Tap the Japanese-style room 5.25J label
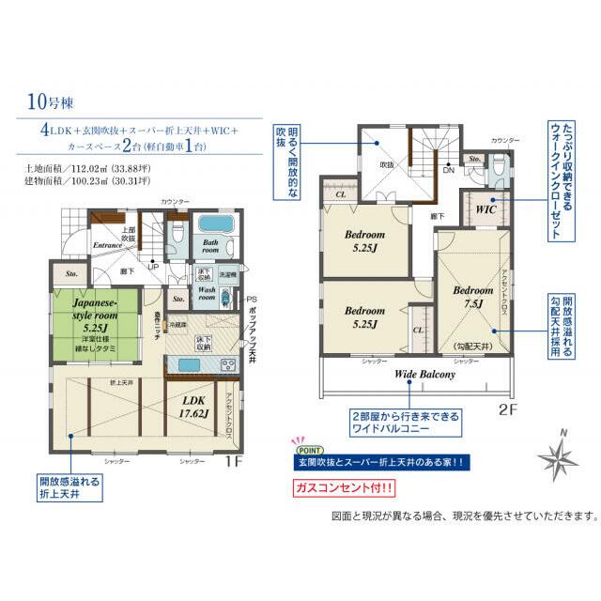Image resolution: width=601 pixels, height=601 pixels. (91, 316)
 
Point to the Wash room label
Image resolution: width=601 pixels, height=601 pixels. (208, 292)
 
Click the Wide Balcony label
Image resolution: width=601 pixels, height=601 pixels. (424, 374)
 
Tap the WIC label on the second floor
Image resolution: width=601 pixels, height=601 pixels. (485, 208)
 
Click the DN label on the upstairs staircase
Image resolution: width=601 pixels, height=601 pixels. (448, 171)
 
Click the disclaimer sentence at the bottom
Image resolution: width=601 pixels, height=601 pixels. (464, 516)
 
